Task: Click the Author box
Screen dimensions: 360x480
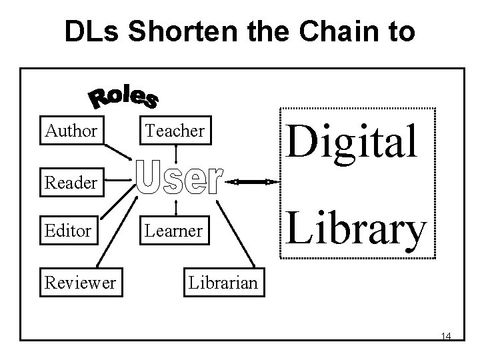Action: click(x=71, y=131)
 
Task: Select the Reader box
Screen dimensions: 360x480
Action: click(x=71, y=181)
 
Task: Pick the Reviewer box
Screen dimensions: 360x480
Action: click(x=79, y=283)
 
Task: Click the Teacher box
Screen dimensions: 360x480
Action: click(x=175, y=131)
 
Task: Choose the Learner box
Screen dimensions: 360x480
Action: click(x=175, y=231)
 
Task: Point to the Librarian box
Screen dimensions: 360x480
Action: click(x=223, y=283)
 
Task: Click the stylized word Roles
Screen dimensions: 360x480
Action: click(x=124, y=97)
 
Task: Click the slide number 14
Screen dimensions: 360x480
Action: click(x=446, y=336)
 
